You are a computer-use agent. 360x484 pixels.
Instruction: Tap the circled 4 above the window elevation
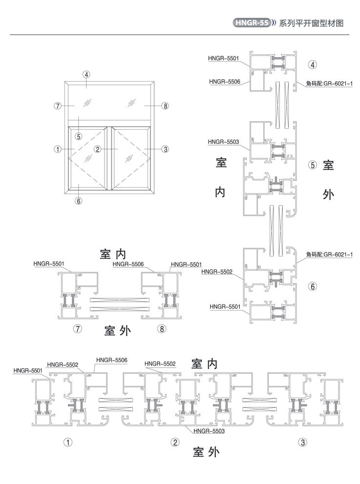(x=86, y=75)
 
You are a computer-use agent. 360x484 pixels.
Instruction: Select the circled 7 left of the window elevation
(x=58, y=105)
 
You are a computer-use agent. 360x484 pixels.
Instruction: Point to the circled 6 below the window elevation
(x=79, y=200)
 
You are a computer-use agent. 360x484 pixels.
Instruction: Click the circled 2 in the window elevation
(x=98, y=149)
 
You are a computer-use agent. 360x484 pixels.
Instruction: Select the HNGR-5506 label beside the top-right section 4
(x=224, y=81)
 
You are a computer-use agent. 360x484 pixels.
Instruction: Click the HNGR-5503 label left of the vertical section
(x=223, y=142)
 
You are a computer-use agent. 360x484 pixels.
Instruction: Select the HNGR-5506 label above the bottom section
(x=112, y=360)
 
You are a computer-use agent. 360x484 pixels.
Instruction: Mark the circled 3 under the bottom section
(x=303, y=442)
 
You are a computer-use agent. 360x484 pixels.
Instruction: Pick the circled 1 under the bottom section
(x=68, y=442)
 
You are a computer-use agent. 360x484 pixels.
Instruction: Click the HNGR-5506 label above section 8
(x=128, y=264)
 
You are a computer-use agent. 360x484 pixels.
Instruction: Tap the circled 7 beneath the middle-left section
(x=77, y=329)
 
